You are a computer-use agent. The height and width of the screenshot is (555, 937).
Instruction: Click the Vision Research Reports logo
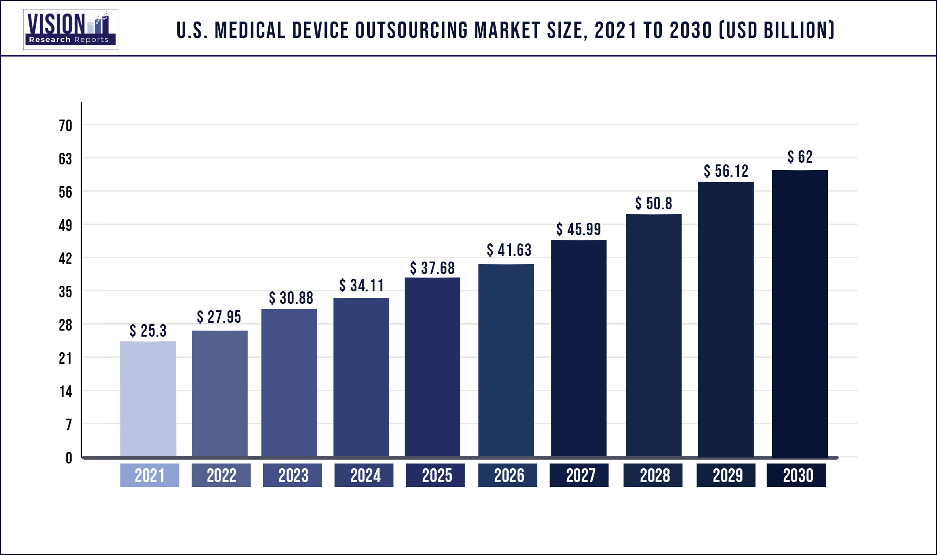tap(71, 29)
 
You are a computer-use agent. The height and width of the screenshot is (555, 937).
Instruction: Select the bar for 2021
tap(148, 399)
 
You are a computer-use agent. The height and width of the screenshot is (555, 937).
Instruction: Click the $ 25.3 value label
tap(148, 331)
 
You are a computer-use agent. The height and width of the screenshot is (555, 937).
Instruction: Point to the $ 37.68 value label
tap(432, 268)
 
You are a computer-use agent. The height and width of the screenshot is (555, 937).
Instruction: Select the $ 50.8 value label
tap(654, 203)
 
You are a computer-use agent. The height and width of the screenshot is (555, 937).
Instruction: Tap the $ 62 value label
tap(800, 157)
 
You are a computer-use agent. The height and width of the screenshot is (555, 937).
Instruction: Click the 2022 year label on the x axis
tap(221, 475)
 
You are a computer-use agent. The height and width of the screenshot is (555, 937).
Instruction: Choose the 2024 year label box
tap(364, 475)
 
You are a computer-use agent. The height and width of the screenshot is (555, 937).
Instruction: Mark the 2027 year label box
tap(579, 475)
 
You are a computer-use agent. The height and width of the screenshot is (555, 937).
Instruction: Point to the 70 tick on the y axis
tap(66, 126)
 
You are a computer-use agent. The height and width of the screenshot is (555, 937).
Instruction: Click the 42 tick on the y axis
tap(66, 259)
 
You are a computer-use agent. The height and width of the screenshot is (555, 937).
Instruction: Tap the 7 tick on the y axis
tap(69, 425)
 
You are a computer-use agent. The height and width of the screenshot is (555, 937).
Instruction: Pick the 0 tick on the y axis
tap(69, 458)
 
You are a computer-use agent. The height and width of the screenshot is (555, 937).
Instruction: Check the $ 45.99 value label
tap(579, 229)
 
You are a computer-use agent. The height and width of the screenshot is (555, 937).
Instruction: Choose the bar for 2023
tap(289, 383)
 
